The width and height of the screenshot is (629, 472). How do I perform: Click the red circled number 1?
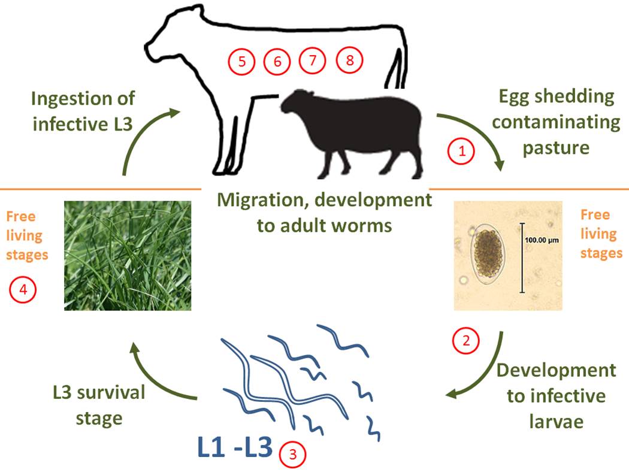tap(462, 152)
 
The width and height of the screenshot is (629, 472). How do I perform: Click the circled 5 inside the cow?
tap(242, 61)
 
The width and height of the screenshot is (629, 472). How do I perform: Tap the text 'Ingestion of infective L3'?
tap(83, 111)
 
